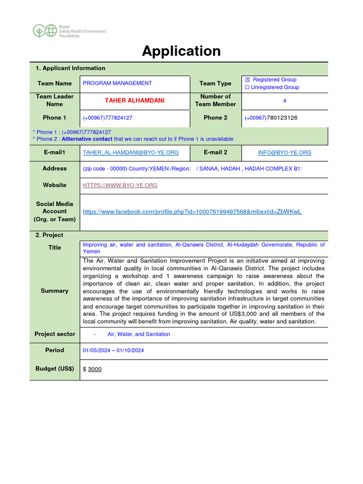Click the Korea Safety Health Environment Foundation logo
pos(69,31)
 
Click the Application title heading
pos(181,51)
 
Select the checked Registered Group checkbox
pos(247,80)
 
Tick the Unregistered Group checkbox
pos(247,87)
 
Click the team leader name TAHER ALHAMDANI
pos(134,101)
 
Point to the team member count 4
pos(285,101)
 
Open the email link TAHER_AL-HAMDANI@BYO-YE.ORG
pos(130,153)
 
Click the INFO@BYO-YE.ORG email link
pos(285,153)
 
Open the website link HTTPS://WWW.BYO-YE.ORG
pos(120,185)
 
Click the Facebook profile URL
pos(192,212)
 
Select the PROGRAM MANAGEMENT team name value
pos(117,83)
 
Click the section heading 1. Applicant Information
pos(70,69)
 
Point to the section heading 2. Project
pos(49,235)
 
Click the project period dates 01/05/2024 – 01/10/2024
pos(113,350)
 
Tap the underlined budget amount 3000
pos(95,369)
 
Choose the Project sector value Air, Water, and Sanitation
pos(138,334)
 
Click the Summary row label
pos(54,291)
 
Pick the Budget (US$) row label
pos(55,369)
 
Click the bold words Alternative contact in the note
pos(87,139)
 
